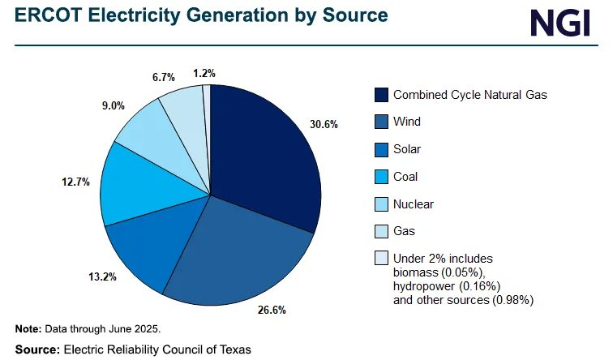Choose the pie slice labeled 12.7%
pos(134,186)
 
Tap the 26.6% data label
pos(271,310)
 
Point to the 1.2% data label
pos(204,73)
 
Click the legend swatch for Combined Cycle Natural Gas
pos(381,95)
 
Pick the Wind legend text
pos(407,122)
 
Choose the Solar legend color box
pos(381,149)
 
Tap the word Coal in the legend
pos(406,177)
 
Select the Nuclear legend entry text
pos(413,204)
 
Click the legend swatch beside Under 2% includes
pos(381,259)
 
